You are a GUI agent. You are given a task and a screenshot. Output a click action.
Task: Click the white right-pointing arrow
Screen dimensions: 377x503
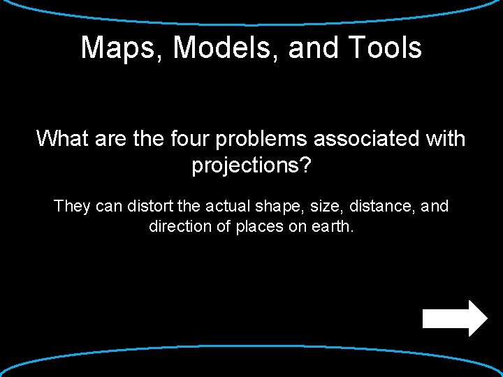[455, 318]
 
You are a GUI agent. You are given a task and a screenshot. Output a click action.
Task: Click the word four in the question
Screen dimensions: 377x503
[188, 138]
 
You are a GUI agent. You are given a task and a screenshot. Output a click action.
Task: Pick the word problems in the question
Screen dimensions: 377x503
[261, 140]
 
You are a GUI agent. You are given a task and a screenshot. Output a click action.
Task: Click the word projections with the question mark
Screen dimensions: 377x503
[251, 167]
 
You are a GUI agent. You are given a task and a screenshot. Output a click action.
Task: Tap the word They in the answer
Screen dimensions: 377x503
[70, 207]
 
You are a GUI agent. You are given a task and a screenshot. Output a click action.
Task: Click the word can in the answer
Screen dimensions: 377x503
[107, 207]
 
